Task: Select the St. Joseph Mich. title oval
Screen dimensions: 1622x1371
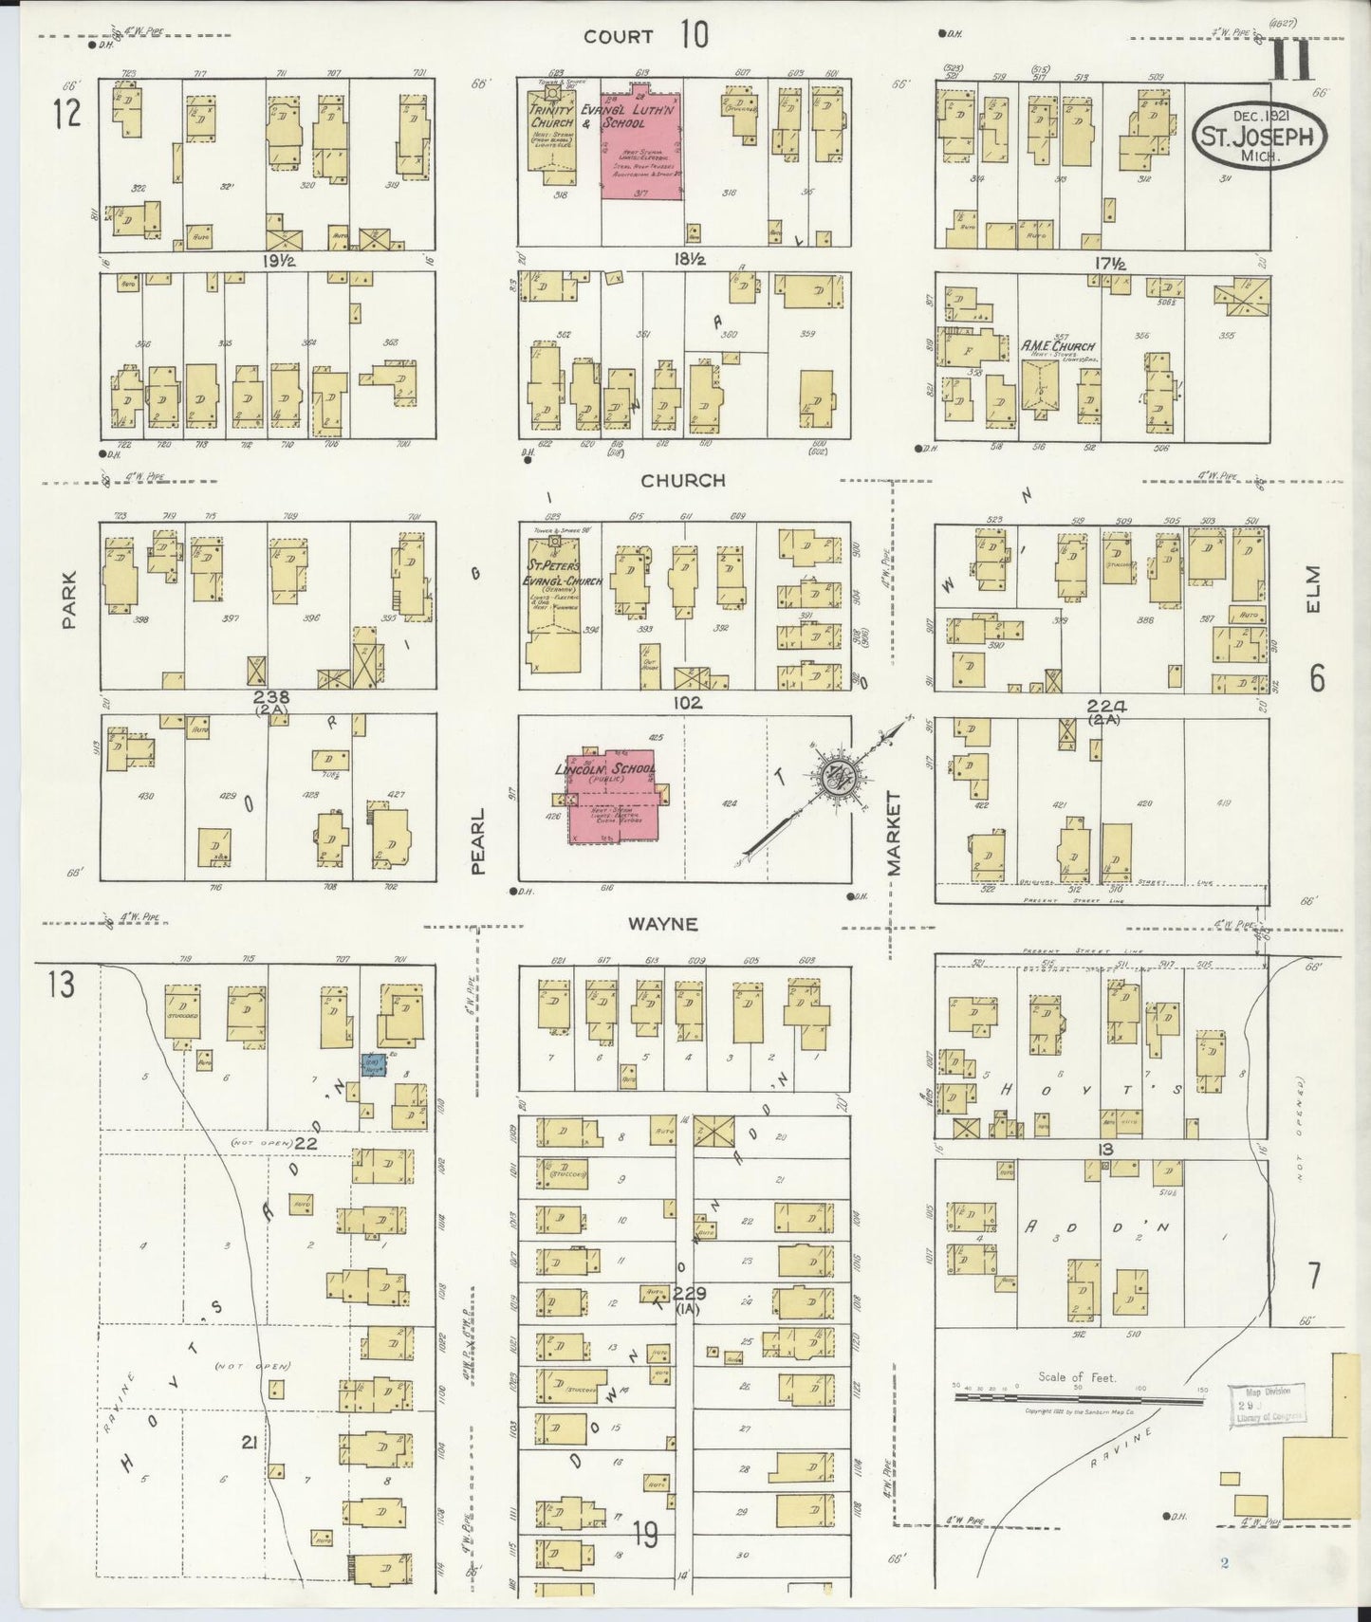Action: [1258, 135]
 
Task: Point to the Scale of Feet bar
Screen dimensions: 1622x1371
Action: [1079, 1397]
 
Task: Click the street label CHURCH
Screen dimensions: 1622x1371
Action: [682, 481]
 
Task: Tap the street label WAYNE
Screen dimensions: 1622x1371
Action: [661, 923]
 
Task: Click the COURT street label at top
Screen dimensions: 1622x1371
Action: [619, 37]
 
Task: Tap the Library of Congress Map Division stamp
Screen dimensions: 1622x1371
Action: [1267, 1405]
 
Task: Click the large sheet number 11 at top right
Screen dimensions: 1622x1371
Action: [1292, 62]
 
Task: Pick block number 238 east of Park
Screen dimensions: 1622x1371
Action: [271, 697]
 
